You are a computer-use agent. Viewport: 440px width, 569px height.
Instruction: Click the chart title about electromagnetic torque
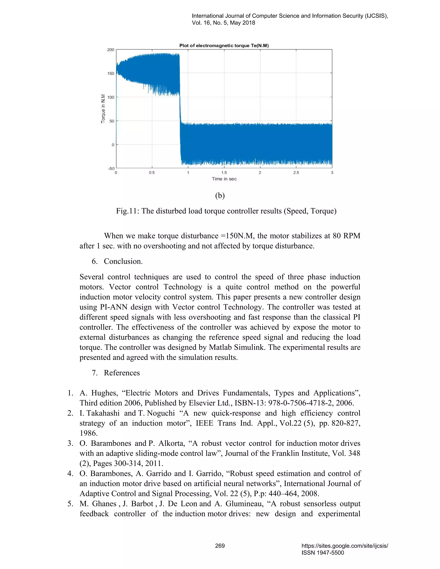(224, 46)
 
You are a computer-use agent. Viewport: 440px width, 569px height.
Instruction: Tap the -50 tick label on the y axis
(111, 169)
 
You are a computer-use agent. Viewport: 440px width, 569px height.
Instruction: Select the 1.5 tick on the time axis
(224, 173)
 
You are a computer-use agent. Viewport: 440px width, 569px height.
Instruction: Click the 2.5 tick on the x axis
(296, 173)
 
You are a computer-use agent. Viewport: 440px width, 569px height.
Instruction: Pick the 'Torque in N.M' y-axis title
(103, 109)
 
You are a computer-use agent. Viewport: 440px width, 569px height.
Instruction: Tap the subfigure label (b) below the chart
(220, 196)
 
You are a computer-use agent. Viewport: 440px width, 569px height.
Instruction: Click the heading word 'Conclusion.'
(123, 261)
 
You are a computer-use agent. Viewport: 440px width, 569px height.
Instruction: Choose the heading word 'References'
(122, 373)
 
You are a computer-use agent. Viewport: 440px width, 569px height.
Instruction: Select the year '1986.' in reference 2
(89, 433)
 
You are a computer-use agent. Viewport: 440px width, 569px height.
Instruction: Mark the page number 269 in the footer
(220, 546)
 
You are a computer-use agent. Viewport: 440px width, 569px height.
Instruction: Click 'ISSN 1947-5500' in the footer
(323, 553)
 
